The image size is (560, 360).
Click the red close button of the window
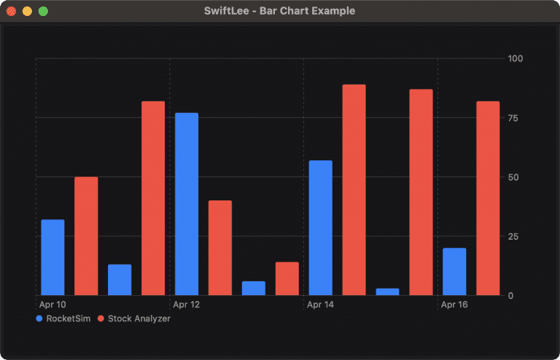point(12,11)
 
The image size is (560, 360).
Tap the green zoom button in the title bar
point(43,11)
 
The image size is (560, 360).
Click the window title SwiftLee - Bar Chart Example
point(280,11)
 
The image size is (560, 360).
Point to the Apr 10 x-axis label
point(52,305)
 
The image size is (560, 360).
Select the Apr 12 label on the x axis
point(187,305)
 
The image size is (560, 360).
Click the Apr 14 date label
point(321,305)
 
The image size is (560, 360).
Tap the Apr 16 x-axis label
point(454,305)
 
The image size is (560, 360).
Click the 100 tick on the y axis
point(516,58)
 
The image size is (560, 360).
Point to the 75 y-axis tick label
point(513,117)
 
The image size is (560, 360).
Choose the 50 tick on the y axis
point(513,177)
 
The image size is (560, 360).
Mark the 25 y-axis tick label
point(513,236)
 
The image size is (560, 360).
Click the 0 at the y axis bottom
point(511,295)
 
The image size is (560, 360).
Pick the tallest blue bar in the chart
point(187,204)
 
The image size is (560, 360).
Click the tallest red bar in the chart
point(354,189)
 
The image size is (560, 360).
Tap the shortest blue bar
point(387,291)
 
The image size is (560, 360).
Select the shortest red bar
point(287,279)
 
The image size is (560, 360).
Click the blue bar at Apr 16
point(454,272)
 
